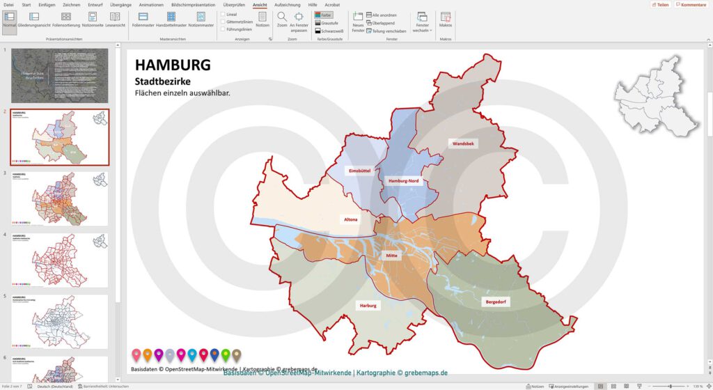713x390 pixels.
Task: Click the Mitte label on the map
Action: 391,256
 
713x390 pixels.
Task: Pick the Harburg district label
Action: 368,306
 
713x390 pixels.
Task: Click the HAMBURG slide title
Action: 172,65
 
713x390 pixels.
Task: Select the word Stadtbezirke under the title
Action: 163,82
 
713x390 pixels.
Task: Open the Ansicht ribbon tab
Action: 260,5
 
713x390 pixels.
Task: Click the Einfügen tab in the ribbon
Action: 47,5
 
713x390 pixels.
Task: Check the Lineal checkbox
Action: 223,14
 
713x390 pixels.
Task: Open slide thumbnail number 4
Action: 60,259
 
